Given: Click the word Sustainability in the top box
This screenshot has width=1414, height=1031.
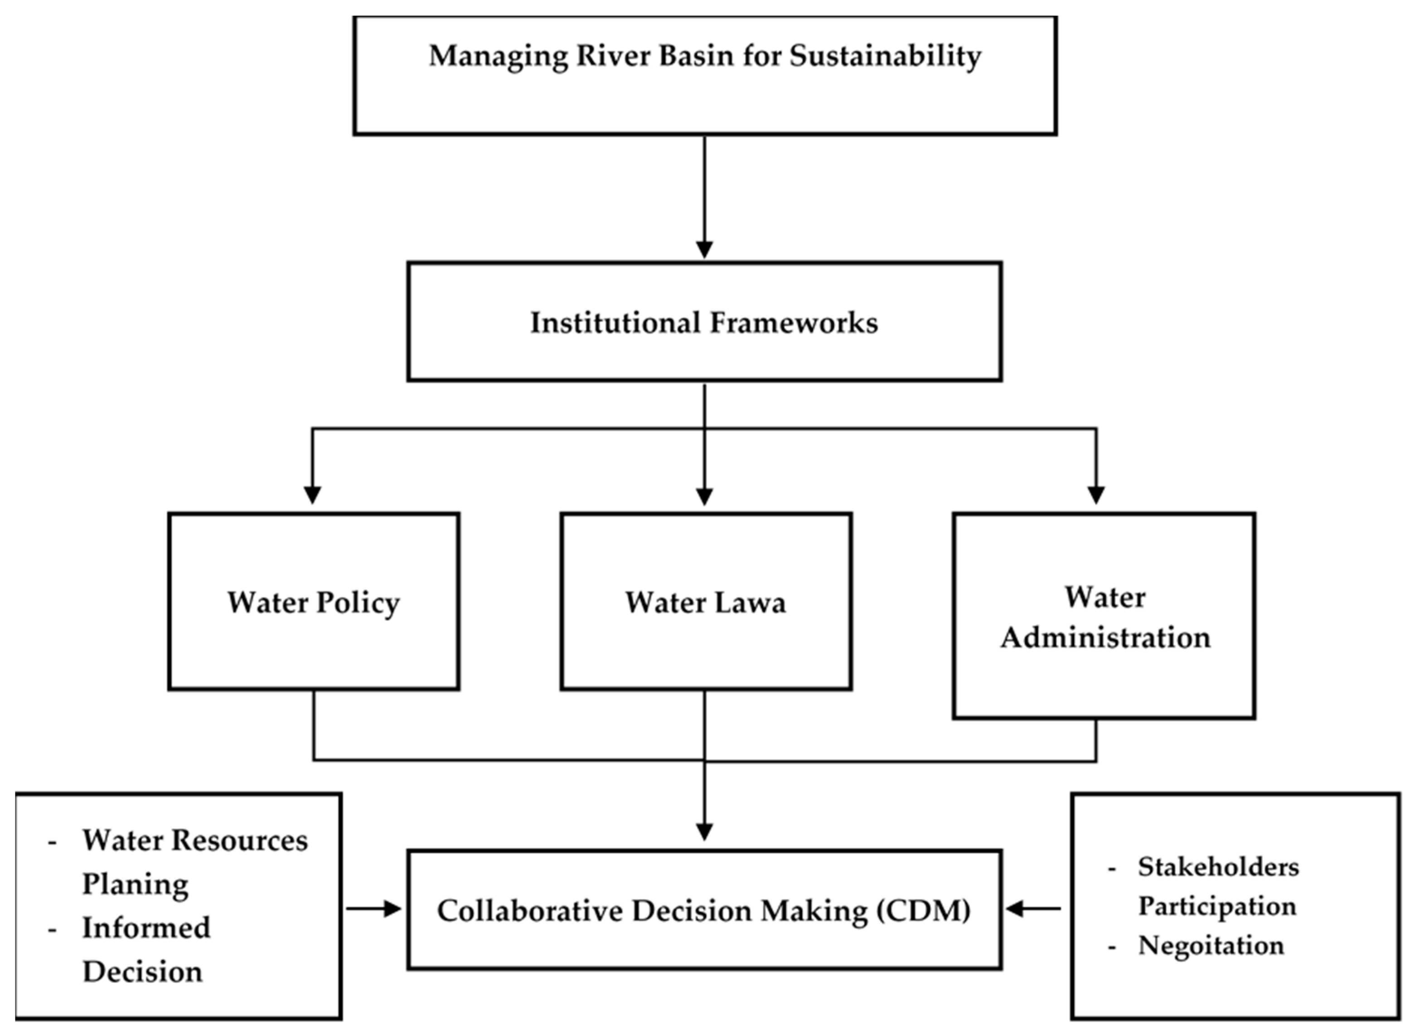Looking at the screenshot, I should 885,56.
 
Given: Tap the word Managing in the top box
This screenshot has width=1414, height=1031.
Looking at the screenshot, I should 498,56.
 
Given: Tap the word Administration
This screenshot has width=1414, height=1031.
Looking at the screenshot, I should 1106,638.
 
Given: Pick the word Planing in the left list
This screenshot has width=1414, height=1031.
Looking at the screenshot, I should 136,884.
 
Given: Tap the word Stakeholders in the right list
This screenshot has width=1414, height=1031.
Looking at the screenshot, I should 1218,867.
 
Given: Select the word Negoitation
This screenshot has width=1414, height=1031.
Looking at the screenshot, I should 1211,945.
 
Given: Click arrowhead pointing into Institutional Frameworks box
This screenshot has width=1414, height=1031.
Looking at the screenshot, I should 704,250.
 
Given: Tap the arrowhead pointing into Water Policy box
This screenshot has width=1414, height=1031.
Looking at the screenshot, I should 312,495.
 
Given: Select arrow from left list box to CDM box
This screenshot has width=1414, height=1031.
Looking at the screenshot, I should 374,909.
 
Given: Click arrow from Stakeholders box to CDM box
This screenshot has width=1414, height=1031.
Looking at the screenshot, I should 1033,909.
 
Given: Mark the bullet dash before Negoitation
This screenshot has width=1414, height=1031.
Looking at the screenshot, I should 1112,947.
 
